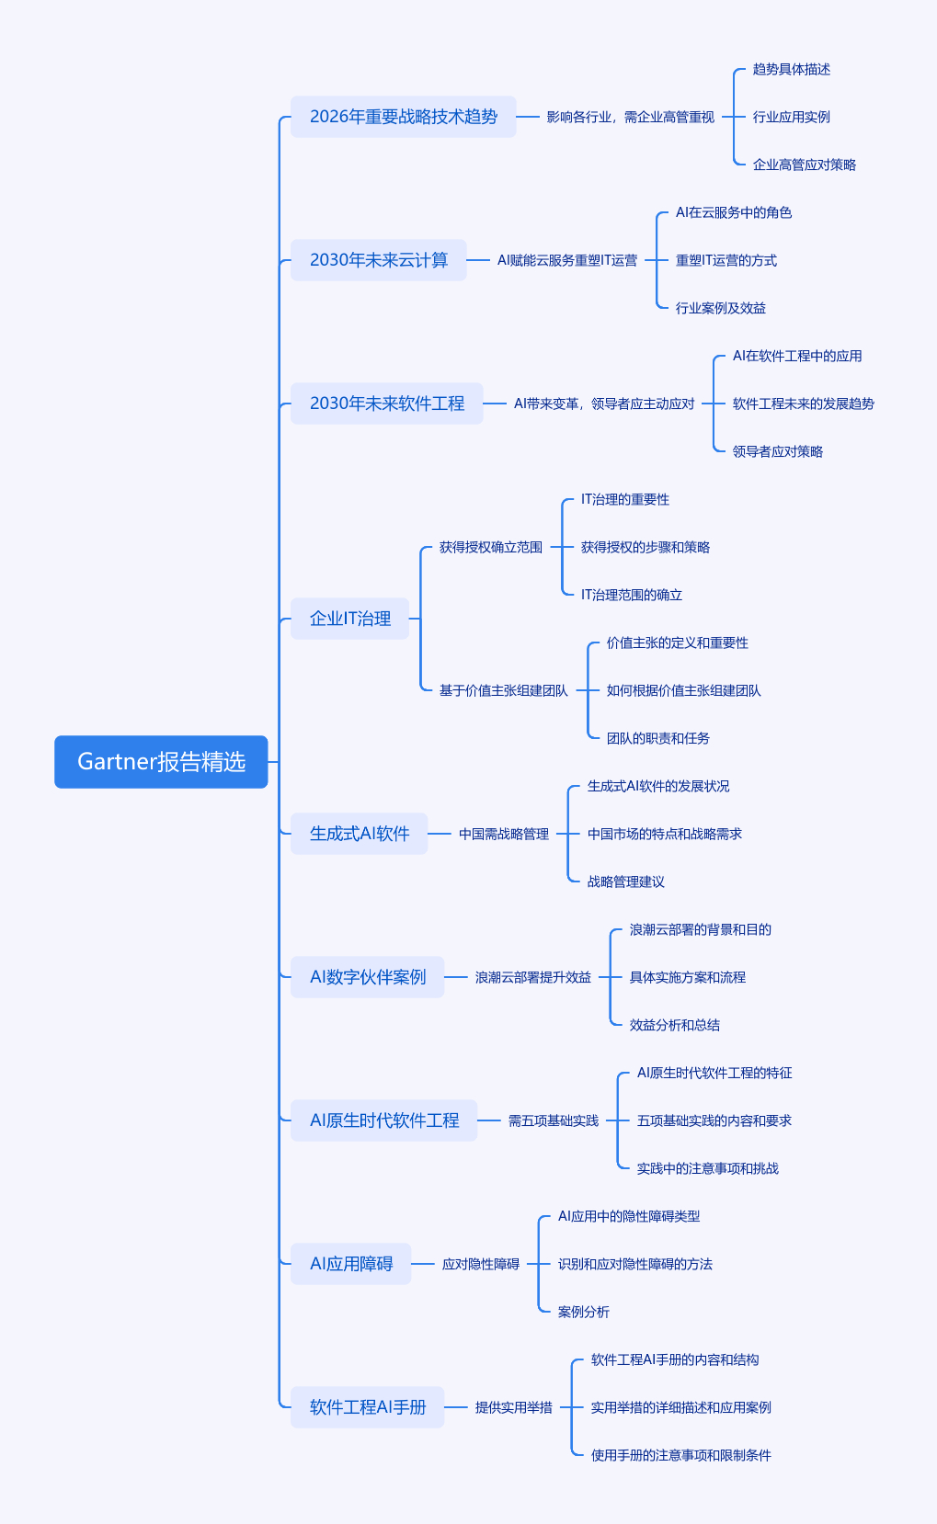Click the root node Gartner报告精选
pyautogui.click(x=161, y=762)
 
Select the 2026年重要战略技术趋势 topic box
pyautogui.click(x=403, y=117)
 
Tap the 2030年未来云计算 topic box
pyautogui.click(x=378, y=260)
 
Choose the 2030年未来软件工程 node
pyautogui.click(x=386, y=404)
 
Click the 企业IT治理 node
pyautogui.click(x=349, y=619)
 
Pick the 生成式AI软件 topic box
pyautogui.click(x=359, y=834)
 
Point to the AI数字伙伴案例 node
pyautogui.click(x=367, y=977)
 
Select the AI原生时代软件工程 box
pyautogui.click(x=383, y=1120)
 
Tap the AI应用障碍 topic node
pyautogui.click(x=350, y=1264)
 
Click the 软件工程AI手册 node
pyautogui.click(x=367, y=1407)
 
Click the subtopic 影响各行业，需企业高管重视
pyautogui.click(x=630, y=117)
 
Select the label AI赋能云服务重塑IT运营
pyautogui.click(x=566, y=260)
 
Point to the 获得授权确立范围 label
pyautogui.click(x=490, y=547)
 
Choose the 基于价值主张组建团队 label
pyautogui.click(x=503, y=690)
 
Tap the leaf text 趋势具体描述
pyautogui.click(x=791, y=69)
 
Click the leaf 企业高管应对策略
pyautogui.click(x=804, y=165)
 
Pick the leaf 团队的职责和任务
pyautogui.click(x=657, y=738)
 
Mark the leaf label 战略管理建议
pyautogui.click(x=625, y=881)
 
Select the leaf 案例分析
pyautogui.click(x=583, y=1312)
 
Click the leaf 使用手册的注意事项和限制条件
pyautogui.click(x=680, y=1455)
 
